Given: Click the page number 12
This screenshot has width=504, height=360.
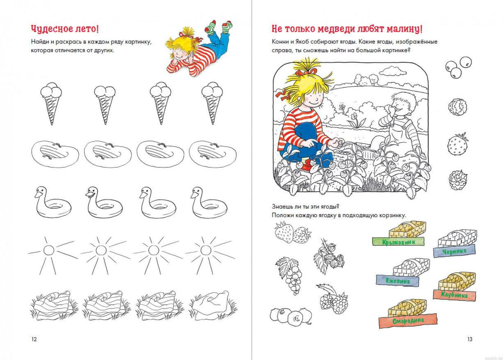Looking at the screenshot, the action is click(x=34, y=339).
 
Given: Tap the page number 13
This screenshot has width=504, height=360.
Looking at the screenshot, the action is click(x=470, y=339).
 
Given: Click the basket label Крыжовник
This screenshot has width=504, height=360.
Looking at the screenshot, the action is click(x=399, y=242).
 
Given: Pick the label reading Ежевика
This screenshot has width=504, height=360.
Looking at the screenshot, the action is click(x=398, y=280).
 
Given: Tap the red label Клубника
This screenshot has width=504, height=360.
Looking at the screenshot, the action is click(x=455, y=295).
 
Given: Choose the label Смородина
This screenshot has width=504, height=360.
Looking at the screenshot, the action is click(x=408, y=321).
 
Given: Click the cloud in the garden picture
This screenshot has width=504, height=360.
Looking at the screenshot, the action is click(x=393, y=71).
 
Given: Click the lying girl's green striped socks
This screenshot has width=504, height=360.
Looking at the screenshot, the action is click(x=218, y=27).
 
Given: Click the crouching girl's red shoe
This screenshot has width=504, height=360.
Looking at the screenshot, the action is click(x=307, y=167).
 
